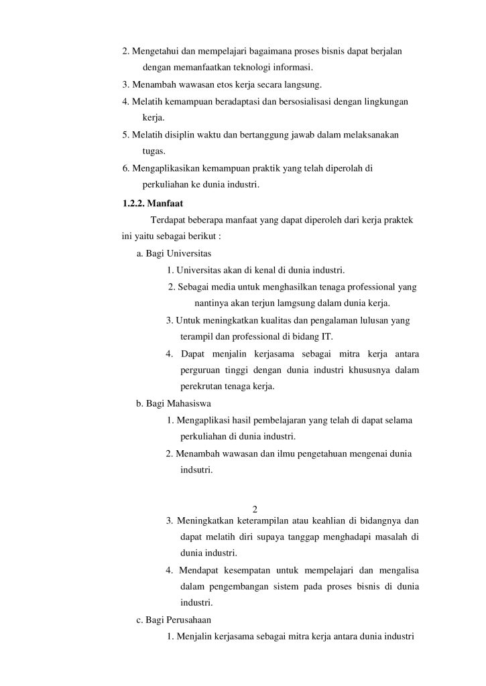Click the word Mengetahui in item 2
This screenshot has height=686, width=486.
[x=154, y=52]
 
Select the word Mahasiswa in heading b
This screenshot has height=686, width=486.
[x=188, y=404]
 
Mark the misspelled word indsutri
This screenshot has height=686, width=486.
[x=196, y=470]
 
